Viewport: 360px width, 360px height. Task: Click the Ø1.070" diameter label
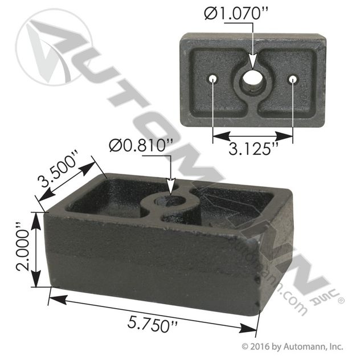236,13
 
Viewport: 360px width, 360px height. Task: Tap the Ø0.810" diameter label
141,146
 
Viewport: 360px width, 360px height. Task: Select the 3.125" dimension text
253,149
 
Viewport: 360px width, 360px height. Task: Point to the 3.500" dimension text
58,169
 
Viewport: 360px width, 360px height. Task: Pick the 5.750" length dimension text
153,325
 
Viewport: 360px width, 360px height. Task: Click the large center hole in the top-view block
252,79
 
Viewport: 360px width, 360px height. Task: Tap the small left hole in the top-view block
213,79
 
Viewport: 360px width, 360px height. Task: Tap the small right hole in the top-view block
293,79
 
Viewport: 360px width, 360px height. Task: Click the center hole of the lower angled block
171,201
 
